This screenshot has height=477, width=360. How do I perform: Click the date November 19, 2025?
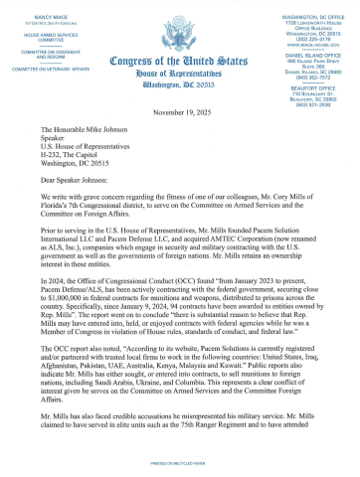pos(179,113)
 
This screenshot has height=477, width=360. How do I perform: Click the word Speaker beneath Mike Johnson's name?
pos(77,142)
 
